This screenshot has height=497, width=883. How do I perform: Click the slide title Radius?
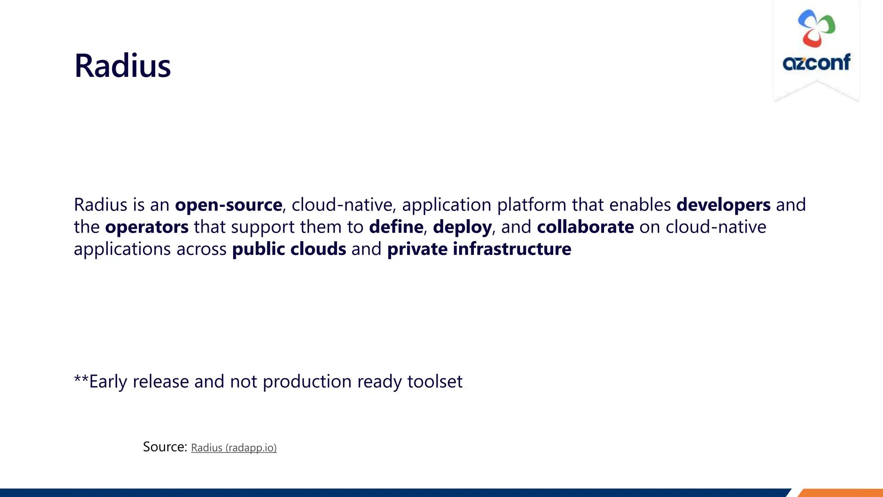point(122,66)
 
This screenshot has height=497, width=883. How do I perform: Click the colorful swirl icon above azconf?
point(816,28)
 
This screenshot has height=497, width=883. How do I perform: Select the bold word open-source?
point(229,205)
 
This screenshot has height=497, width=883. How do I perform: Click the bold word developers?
point(723,205)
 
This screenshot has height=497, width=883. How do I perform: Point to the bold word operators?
point(147,227)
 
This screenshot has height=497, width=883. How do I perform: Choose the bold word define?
point(396,227)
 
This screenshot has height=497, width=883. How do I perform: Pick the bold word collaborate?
point(585,227)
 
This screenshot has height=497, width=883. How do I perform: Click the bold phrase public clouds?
point(289,249)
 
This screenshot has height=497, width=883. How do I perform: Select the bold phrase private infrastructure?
point(479,249)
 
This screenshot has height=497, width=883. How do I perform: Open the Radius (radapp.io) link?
point(234,448)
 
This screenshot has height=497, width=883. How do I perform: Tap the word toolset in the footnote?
point(435,382)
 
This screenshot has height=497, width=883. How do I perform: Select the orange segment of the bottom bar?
point(841,493)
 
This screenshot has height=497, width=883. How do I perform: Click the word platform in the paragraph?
point(531,205)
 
